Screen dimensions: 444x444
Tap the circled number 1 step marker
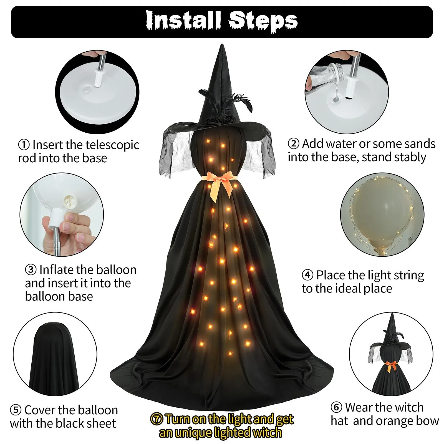coord(24,145)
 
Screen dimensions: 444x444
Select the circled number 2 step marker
coord(294,143)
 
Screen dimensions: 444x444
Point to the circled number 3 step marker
coord(31,269)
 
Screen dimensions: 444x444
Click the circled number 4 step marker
coord(307,275)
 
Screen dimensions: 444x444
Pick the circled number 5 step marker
coord(16,410)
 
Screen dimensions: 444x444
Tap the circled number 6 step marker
coord(336,407)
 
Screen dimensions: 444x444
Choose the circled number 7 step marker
coord(156,419)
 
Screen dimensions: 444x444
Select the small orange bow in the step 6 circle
coord(391,366)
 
